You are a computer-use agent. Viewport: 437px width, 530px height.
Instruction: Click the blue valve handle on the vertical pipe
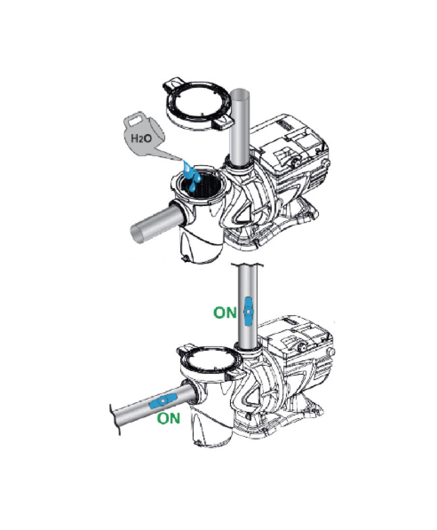pos(249,311)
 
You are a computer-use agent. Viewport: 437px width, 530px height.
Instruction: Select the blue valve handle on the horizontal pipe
pos(164,401)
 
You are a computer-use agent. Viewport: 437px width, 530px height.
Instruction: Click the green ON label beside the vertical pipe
pos(225,312)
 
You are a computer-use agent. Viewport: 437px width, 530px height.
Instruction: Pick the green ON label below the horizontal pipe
pos(168,418)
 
